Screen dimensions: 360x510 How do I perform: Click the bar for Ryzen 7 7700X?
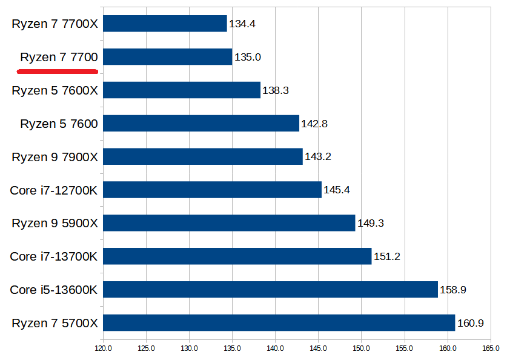pyautogui.click(x=165, y=24)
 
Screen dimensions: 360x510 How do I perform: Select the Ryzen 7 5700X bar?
pyautogui.click(x=279, y=322)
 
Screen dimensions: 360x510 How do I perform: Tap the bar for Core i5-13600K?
pyautogui.click(x=270, y=290)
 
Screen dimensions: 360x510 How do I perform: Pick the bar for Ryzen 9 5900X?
pyautogui.click(x=229, y=223)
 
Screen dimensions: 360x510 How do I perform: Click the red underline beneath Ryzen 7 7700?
pyautogui.click(x=58, y=71)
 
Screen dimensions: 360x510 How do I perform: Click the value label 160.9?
pyautogui.click(x=471, y=323)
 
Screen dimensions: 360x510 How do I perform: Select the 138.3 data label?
pyautogui.click(x=276, y=90)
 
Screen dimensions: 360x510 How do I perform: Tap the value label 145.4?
pyautogui.click(x=337, y=190)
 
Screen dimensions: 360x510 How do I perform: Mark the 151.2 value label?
pyautogui.click(x=386, y=256)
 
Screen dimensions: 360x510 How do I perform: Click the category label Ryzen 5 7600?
pyautogui.click(x=59, y=124)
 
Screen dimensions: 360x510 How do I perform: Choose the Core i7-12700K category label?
pyautogui.click(x=54, y=190)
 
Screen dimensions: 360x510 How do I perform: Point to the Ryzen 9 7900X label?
pyautogui.click(x=55, y=157)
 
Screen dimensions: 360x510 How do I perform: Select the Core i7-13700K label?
pyautogui.click(x=54, y=256)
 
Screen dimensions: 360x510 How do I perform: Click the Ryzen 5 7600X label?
pyautogui.click(x=55, y=90)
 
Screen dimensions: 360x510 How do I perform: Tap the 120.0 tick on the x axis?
pyautogui.click(x=103, y=348)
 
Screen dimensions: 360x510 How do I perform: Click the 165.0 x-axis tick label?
pyautogui.click(x=491, y=348)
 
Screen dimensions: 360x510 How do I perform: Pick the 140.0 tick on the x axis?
pyautogui.click(x=275, y=348)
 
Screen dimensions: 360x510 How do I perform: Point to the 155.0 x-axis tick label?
pyautogui.click(x=404, y=348)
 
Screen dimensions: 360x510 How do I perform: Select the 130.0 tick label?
pyautogui.click(x=189, y=348)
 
